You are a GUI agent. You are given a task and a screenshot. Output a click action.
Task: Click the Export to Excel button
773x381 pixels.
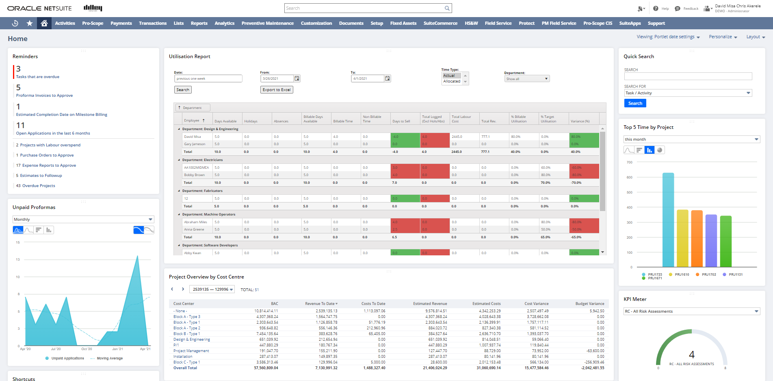point(277,90)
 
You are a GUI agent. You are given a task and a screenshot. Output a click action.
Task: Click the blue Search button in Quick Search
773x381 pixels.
point(635,103)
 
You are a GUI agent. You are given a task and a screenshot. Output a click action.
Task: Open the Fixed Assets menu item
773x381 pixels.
point(403,23)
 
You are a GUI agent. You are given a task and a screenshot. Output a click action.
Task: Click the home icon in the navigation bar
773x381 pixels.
point(44,23)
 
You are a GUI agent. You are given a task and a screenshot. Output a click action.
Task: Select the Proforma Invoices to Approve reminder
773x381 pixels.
point(44,96)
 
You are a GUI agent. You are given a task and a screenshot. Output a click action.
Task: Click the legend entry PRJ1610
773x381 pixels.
point(682,274)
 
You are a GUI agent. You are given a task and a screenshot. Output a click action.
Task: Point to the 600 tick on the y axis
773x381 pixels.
point(629,177)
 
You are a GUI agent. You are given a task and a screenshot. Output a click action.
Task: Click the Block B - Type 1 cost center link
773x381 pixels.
point(186,334)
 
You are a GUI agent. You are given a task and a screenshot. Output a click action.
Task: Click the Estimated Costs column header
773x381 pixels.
point(486,304)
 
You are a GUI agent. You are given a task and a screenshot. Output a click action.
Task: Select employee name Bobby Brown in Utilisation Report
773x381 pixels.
point(194,175)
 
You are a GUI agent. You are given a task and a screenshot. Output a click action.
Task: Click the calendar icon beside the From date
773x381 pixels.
point(297,78)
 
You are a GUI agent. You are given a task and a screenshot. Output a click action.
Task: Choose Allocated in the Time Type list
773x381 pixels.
point(452,81)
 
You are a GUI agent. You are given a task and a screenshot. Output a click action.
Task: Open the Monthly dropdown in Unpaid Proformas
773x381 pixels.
point(83,220)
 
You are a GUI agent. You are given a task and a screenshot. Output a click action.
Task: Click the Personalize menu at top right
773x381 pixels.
point(723,37)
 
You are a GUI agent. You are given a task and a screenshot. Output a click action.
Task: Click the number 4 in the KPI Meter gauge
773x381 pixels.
point(691,355)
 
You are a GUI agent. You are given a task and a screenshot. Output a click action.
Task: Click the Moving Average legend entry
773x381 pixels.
point(109,358)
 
